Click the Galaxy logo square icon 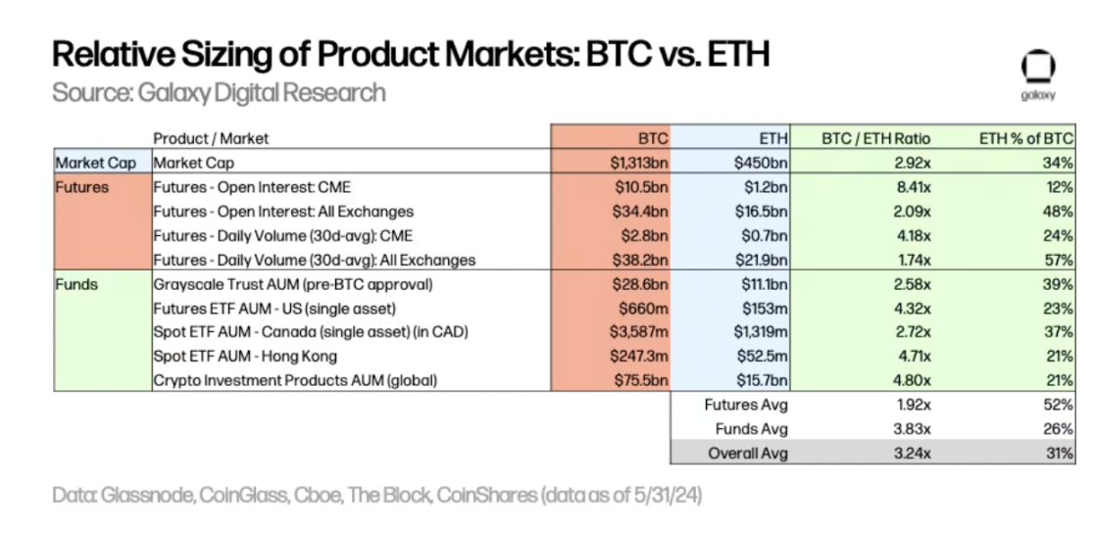point(1037,68)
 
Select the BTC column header point(652,138)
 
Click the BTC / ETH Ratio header point(876,138)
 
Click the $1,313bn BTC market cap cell point(636,163)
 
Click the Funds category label point(75,284)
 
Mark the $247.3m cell point(638,357)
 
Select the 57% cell point(1059,260)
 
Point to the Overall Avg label point(747,453)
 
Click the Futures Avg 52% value point(1059,405)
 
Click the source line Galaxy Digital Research point(219,93)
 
